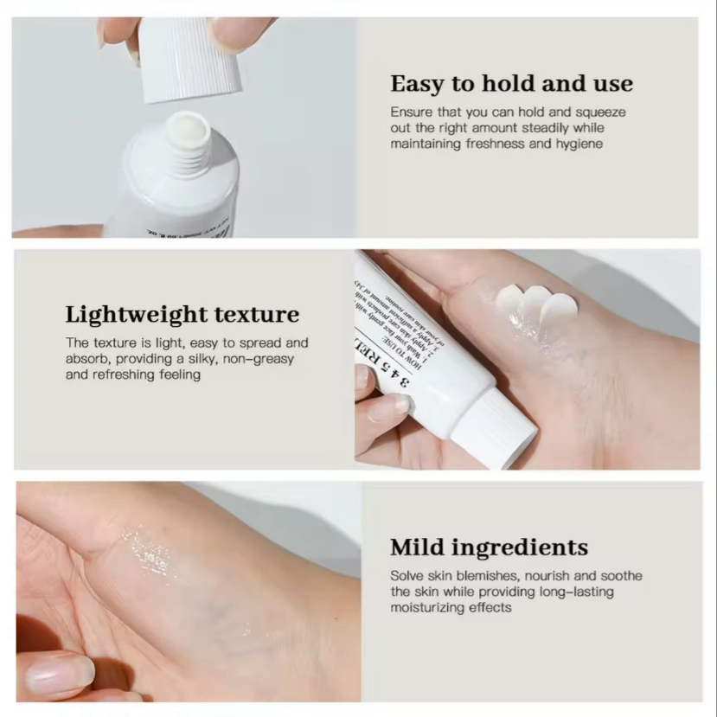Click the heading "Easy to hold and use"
pos(511,84)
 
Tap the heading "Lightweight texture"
pos(182,314)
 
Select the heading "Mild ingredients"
pos(489,547)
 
